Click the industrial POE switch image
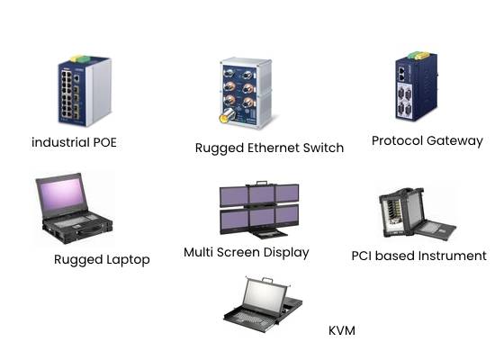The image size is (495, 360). coord(85,91)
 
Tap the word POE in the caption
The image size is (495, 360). coord(104,142)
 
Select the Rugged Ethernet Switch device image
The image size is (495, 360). coord(246,93)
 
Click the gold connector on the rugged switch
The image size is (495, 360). coord(225,118)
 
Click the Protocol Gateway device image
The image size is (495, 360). coord(417,85)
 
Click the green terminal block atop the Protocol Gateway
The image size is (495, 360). coord(414,56)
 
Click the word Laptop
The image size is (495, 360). coord(128,260)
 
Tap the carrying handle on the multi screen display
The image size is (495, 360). coord(262,184)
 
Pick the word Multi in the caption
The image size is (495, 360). coord(198,252)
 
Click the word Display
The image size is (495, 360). coord(286,253)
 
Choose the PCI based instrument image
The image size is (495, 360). coord(417,213)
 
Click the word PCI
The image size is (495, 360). coord(362,256)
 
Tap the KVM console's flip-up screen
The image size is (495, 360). coord(264,296)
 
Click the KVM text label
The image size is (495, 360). coord(342,330)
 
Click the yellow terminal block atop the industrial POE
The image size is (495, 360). coord(76,58)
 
